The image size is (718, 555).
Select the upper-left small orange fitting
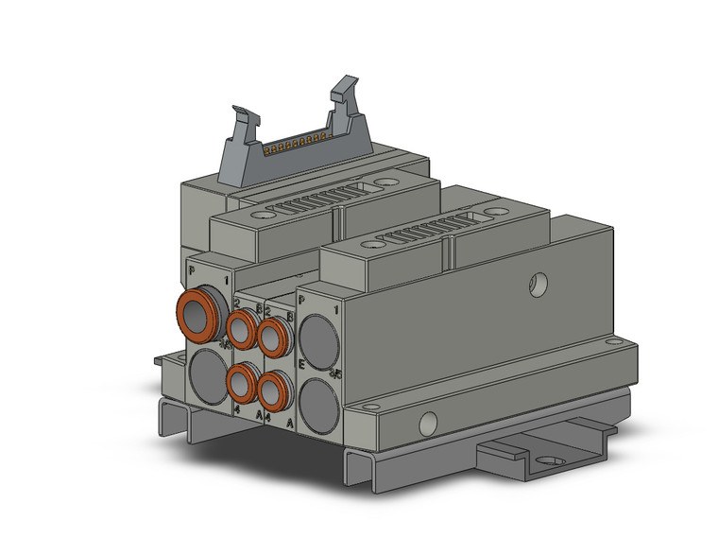[x=241, y=329]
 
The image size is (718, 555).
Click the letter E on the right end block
[x=301, y=362]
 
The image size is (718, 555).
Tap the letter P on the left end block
[x=193, y=270]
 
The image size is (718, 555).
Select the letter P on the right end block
[x=301, y=299]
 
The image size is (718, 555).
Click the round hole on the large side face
[x=538, y=281]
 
